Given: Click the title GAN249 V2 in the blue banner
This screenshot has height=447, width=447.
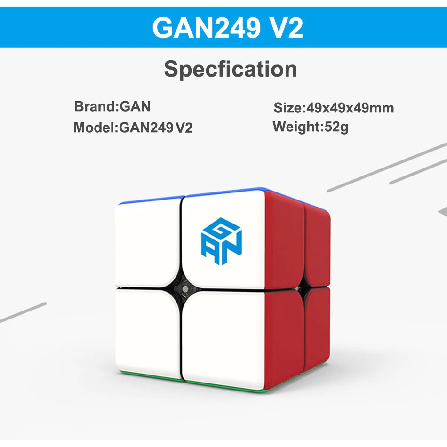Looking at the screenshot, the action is pos(227,28).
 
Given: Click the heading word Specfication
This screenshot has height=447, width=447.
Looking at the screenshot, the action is pos(231,69).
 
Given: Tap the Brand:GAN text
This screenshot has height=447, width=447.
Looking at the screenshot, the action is pos(112,106).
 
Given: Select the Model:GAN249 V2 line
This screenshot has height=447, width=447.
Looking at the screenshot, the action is pos(133,127).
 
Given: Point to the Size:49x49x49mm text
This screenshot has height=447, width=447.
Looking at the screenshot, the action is pos(334,108).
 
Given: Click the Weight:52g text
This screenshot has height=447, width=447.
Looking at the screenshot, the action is pos(311,127).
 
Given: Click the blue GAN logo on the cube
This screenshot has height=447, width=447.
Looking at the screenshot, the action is pos(222,241).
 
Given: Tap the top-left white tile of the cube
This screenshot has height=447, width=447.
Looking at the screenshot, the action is pos(147,242).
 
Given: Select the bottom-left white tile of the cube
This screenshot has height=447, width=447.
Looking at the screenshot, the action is pos(148,332).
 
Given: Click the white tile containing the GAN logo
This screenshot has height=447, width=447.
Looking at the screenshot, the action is pos(223,239).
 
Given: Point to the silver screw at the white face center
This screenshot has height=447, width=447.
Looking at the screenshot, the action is pos(185,289).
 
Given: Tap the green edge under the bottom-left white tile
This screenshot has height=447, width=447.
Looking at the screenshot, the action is pos(148,376).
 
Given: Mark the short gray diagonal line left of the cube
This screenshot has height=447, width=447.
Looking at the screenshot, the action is pos(23,312).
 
